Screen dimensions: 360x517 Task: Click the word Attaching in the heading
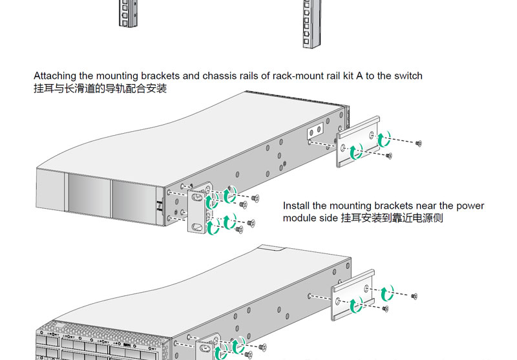tap(54, 76)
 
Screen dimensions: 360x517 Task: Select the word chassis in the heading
tap(218, 76)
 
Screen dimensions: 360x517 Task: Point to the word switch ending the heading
tap(408, 76)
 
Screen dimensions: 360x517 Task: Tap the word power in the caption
tap(470, 206)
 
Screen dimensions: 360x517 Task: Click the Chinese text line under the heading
tap(100, 89)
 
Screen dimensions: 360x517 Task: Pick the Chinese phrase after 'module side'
tap(392, 218)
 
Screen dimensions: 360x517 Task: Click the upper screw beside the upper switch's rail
tap(419, 142)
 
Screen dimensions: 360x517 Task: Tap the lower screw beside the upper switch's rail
tap(388, 155)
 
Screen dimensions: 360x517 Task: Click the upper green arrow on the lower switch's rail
tap(386, 294)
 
